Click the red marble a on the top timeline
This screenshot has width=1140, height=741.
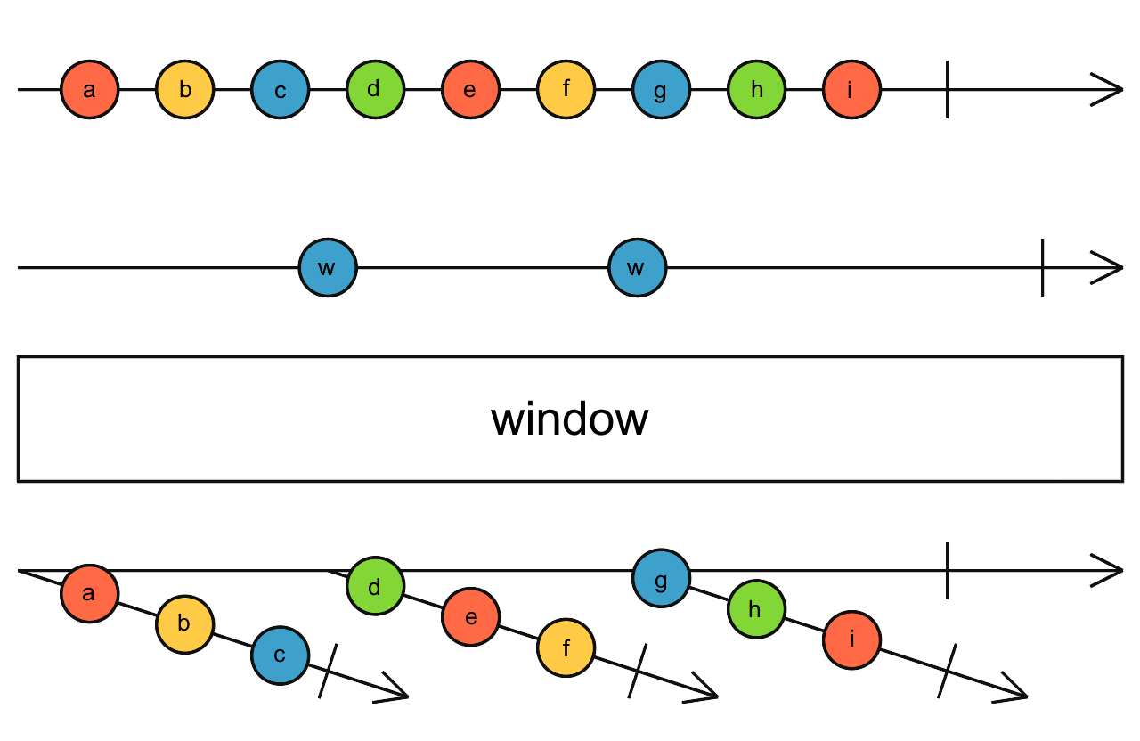pyautogui.click(x=89, y=90)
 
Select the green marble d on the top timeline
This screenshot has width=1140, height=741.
pyautogui.click(x=375, y=90)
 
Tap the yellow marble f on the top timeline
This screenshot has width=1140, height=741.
pyautogui.click(x=566, y=90)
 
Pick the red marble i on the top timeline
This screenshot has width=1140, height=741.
pyautogui.click(x=851, y=90)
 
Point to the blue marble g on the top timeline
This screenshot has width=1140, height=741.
pyautogui.click(x=661, y=90)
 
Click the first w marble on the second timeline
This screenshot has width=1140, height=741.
pyautogui.click(x=328, y=267)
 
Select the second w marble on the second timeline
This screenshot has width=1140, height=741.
pyautogui.click(x=637, y=267)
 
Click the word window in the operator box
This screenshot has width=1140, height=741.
pyautogui.click(x=570, y=419)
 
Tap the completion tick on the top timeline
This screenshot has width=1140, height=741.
pyautogui.click(x=947, y=90)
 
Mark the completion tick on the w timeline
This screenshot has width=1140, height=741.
pyautogui.click(x=1042, y=267)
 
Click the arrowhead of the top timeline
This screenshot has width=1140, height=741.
pyautogui.click(x=1110, y=90)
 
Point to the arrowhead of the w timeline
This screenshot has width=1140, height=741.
pyautogui.click(x=1110, y=267)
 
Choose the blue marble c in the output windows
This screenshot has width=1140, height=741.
pyautogui.click(x=280, y=655)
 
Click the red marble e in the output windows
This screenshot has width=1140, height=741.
pyautogui.click(x=470, y=617)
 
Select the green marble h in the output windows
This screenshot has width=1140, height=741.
pyautogui.click(x=756, y=609)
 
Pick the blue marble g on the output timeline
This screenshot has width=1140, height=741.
pyautogui.click(x=661, y=578)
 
